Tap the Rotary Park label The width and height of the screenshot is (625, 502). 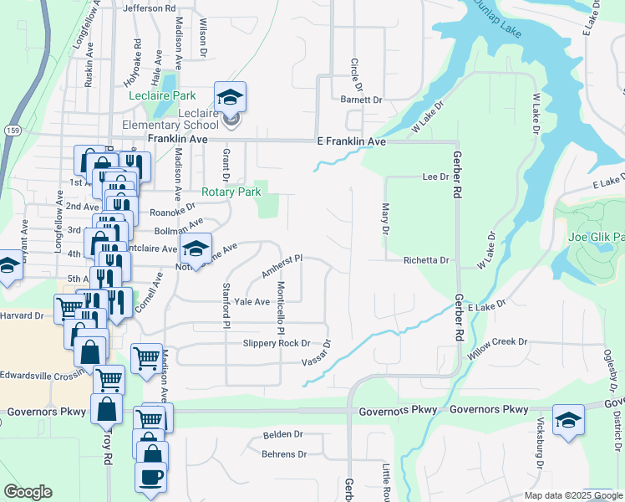tap(231, 192)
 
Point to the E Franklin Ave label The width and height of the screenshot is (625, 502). tap(351, 142)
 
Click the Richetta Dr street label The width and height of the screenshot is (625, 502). tap(426, 260)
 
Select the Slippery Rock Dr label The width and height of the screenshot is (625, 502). tap(276, 343)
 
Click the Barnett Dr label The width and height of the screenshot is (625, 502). tap(360, 100)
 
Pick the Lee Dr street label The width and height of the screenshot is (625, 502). tap(436, 177)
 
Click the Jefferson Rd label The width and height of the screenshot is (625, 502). tap(150, 8)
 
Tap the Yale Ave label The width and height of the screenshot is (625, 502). tap(252, 301)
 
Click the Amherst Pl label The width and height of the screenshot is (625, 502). tap(281, 267)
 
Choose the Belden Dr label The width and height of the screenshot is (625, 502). tap(282, 435)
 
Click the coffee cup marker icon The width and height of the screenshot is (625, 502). tap(151, 476)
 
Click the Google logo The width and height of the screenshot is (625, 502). tap(28, 492)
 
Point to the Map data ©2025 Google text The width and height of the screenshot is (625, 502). tap(572, 495)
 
